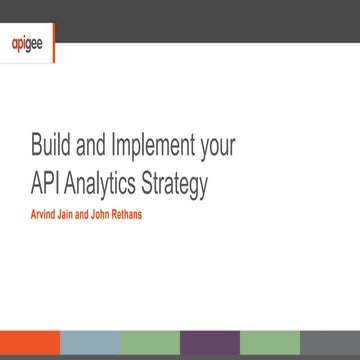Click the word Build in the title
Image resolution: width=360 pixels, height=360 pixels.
click(x=51, y=147)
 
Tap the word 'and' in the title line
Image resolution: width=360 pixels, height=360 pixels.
click(x=98, y=147)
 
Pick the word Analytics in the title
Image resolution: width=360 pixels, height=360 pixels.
click(x=114, y=185)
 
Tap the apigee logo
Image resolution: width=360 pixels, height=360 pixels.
click(x=26, y=44)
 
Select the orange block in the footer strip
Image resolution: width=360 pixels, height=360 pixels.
click(x=29, y=345)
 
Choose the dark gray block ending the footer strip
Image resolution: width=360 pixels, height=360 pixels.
click(x=329, y=345)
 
